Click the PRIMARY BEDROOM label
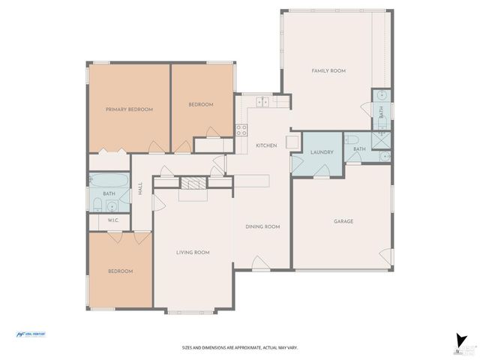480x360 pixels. (x=129, y=109)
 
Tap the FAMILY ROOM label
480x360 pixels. (x=328, y=70)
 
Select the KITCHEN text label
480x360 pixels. (x=266, y=145)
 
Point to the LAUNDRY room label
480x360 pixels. (x=321, y=153)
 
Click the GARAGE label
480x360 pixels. (x=343, y=221)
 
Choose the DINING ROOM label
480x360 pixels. (x=262, y=226)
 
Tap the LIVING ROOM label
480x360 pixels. (x=192, y=253)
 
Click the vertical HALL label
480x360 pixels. (x=140, y=190)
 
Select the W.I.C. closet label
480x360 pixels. (x=113, y=220)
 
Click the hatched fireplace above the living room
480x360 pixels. (x=192, y=184)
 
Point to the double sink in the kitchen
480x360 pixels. (x=262, y=102)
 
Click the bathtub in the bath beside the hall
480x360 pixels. (x=109, y=181)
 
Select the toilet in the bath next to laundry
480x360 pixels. (x=352, y=139)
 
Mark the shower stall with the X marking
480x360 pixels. (x=382, y=138)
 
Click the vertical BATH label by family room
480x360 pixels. (x=381, y=112)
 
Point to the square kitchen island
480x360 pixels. (x=292, y=142)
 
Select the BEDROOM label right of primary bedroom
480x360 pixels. (x=200, y=104)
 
